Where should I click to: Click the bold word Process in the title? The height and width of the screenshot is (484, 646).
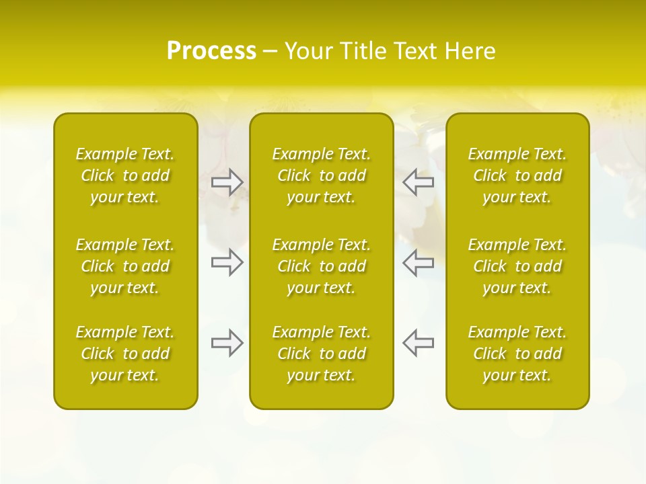[211, 51]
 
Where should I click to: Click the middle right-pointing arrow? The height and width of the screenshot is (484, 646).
[227, 262]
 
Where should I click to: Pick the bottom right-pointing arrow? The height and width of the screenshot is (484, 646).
[227, 342]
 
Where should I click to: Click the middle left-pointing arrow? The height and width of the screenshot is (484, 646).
[418, 262]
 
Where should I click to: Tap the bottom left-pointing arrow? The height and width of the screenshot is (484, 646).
[418, 342]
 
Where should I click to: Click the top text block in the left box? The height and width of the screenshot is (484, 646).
[125, 175]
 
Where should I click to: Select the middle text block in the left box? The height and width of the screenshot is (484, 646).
[125, 266]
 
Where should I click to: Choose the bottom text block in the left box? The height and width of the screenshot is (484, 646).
[125, 354]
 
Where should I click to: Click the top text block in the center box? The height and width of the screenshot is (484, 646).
[322, 175]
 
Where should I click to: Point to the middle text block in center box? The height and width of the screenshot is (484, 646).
[322, 266]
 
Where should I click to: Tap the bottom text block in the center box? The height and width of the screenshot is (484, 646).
[322, 354]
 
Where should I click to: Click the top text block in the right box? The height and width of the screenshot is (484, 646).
[517, 175]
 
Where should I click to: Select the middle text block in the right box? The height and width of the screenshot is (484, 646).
[517, 266]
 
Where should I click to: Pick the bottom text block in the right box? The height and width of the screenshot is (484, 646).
[517, 354]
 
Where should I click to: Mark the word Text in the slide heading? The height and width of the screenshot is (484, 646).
[413, 51]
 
